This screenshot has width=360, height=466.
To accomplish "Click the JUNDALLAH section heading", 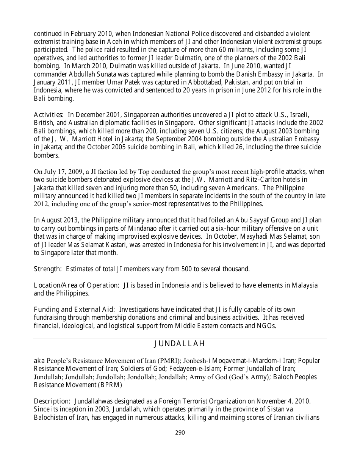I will tap(180, 344).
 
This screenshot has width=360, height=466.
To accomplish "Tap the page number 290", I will tap(180, 433).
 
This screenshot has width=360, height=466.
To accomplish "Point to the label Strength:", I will tap(48, 269).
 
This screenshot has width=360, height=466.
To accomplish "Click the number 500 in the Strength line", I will tap(177, 269).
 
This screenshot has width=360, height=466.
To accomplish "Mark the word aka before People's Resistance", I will tap(39, 361).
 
